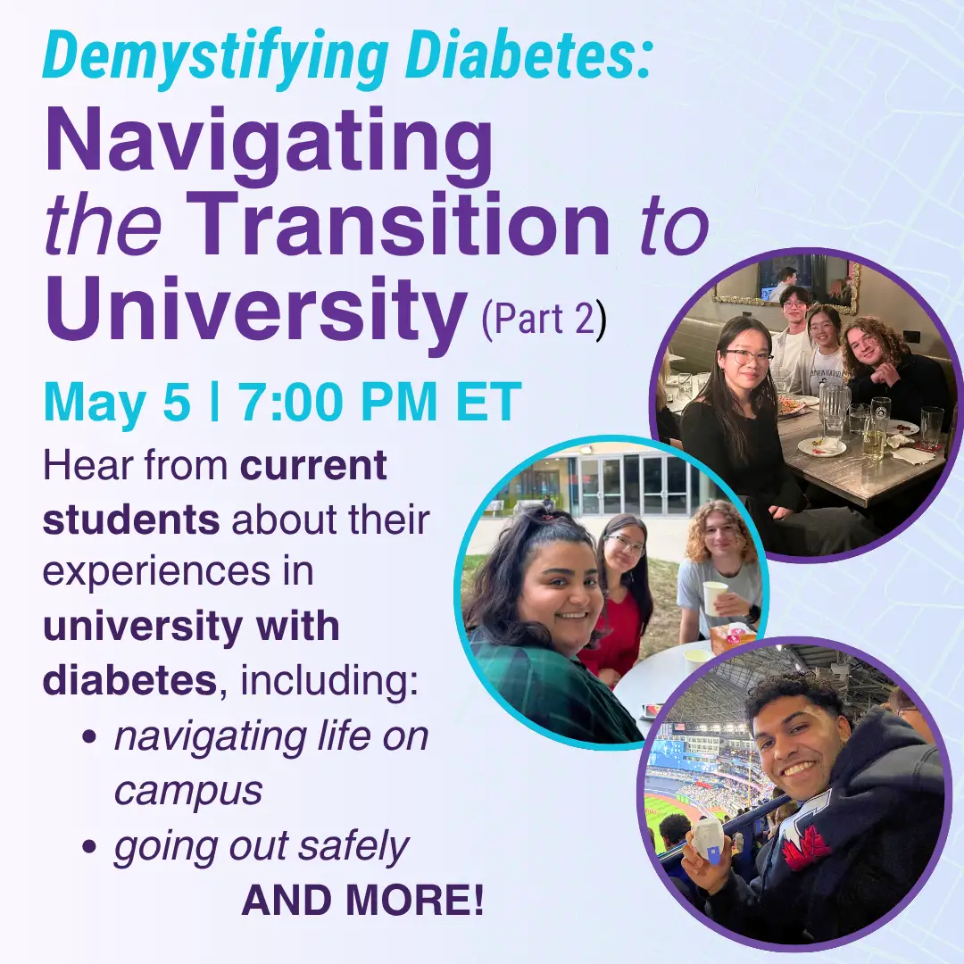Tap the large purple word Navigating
click(268, 143)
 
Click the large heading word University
click(254, 308)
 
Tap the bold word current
click(314, 466)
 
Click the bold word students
click(130, 519)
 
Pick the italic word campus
click(187, 790)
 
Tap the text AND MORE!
click(362, 902)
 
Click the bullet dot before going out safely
click(89, 846)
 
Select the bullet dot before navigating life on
click(89, 738)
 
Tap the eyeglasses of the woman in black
click(748, 356)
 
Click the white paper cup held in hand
click(715, 597)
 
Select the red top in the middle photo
click(616, 638)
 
